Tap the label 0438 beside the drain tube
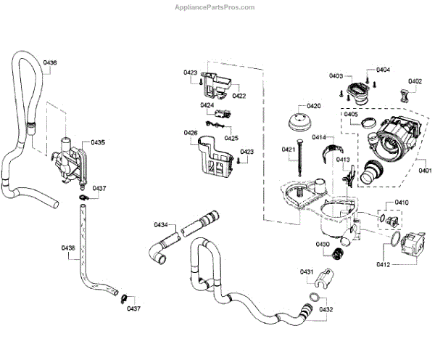click(x=68, y=248)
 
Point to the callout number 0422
click(x=239, y=96)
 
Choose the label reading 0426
click(x=191, y=133)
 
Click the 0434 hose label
click(x=161, y=224)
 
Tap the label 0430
click(x=323, y=245)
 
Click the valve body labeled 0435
click(x=70, y=157)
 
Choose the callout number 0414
click(x=319, y=136)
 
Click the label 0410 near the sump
click(x=401, y=202)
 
